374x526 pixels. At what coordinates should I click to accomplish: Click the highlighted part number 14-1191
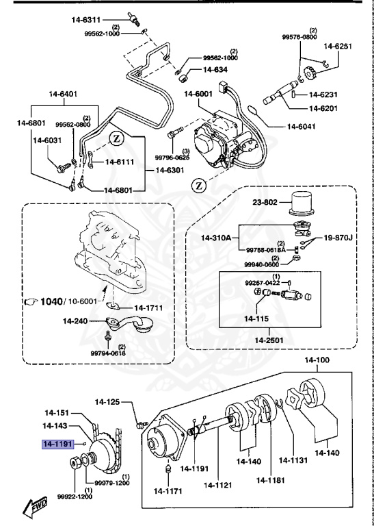pyautogui.click(x=58, y=444)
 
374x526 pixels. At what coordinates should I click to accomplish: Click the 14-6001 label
pyautogui.click(x=198, y=95)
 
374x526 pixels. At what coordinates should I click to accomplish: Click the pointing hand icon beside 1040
pyautogui.click(x=31, y=301)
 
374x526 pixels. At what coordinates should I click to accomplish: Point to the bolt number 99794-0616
pyautogui.click(x=107, y=353)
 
